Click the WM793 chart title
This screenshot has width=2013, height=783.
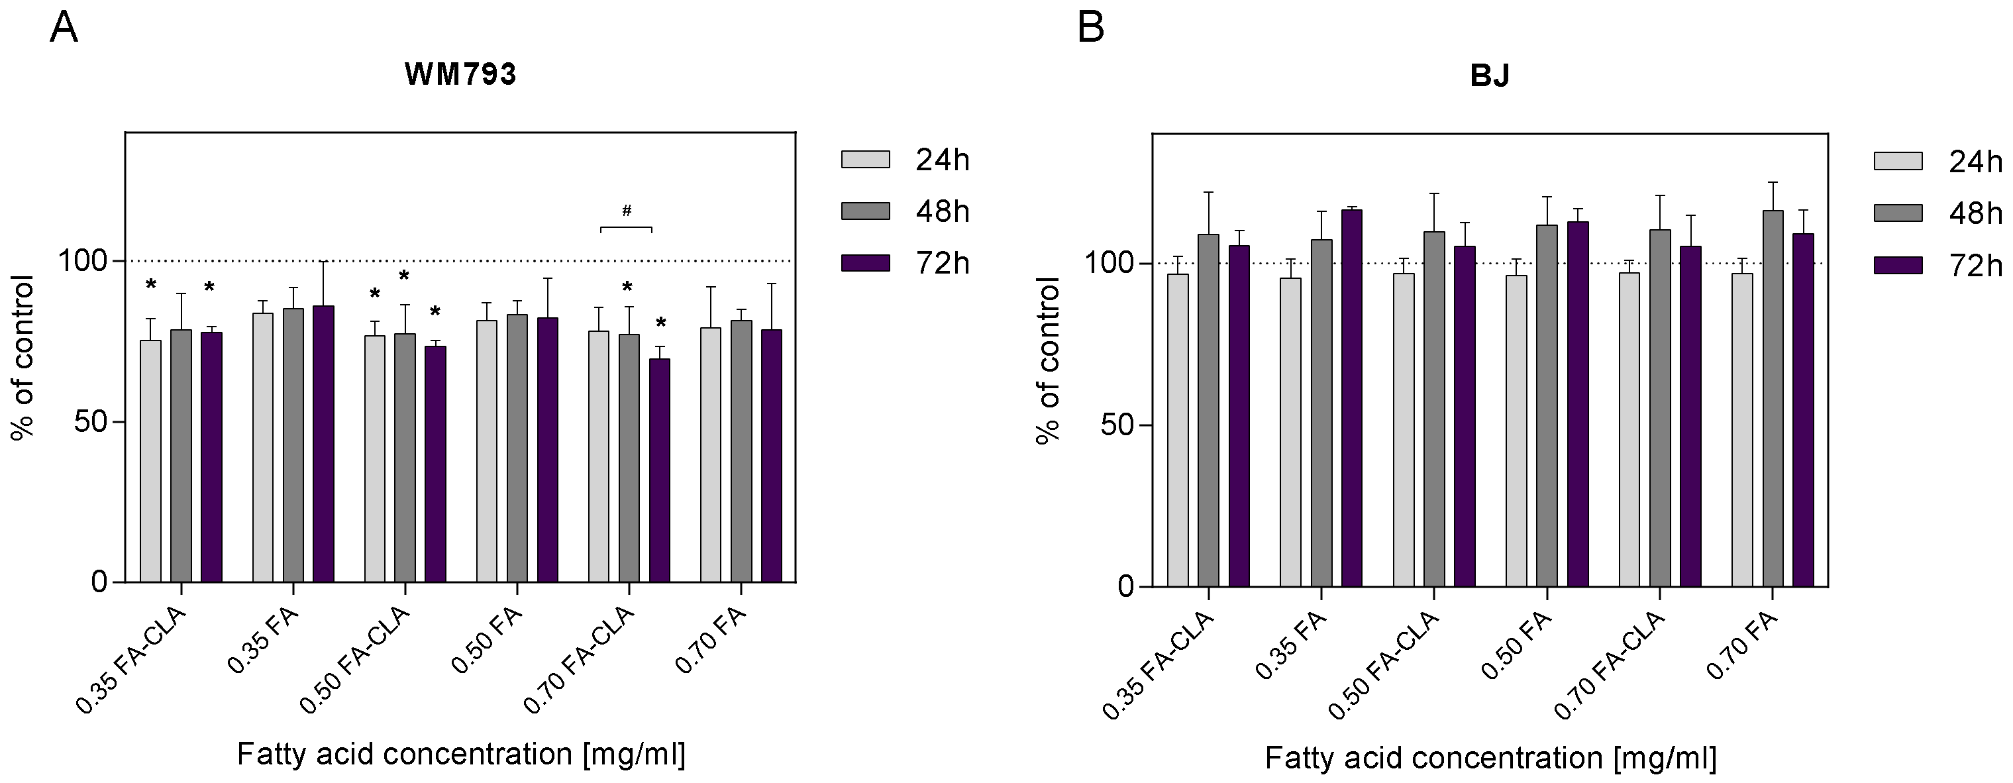pyautogui.click(x=460, y=75)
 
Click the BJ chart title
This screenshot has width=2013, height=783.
pyautogui.click(x=1490, y=76)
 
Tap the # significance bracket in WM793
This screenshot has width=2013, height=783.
pyautogui.click(x=626, y=227)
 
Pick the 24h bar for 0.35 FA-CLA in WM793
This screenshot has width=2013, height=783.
pyautogui.click(x=151, y=461)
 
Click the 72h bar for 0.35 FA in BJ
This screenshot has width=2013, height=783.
pyautogui.click(x=1352, y=399)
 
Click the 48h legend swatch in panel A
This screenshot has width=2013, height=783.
pyautogui.click(x=865, y=211)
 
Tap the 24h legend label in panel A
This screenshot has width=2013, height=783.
pyautogui.click(x=943, y=160)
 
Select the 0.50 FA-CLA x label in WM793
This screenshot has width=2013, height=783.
pyautogui.click(x=356, y=660)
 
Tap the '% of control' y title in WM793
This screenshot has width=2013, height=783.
pyautogui.click(x=23, y=358)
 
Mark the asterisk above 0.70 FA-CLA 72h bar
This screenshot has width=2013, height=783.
pyautogui.click(x=661, y=323)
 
